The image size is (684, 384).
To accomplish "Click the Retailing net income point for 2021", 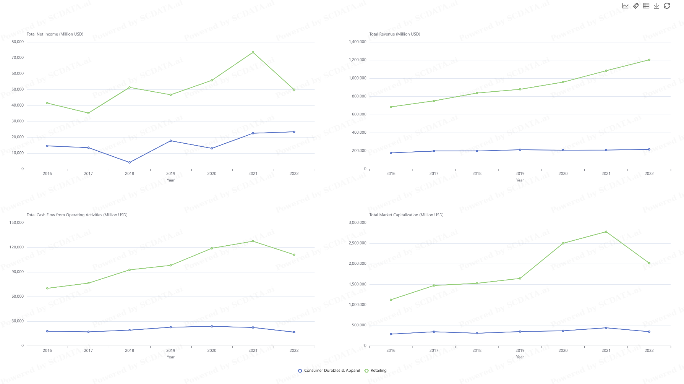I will pyautogui.click(x=253, y=52).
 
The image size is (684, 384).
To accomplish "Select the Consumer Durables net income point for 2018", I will pyautogui.click(x=130, y=162).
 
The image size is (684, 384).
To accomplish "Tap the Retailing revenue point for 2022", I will pyautogui.click(x=649, y=60).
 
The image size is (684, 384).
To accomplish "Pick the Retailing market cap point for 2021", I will pyautogui.click(x=606, y=232).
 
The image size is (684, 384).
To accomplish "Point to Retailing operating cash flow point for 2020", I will pyautogui.click(x=212, y=248).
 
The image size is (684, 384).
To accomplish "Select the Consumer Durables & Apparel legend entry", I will pyautogui.click(x=329, y=371).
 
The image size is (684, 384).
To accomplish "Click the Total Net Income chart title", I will pyautogui.click(x=55, y=34).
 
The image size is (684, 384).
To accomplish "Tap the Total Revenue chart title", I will pyautogui.click(x=395, y=34).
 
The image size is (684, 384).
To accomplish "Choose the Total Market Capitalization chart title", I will pyautogui.click(x=406, y=215).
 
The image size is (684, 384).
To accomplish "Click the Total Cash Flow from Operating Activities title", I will pyautogui.click(x=77, y=215).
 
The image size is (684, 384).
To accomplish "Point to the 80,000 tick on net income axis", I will pyautogui.click(x=18, y=42).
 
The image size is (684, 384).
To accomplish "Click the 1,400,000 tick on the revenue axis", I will pyautogui.click(x=357, y=42).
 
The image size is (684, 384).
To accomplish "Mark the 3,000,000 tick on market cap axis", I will pyautogui.click(x=357, y=223).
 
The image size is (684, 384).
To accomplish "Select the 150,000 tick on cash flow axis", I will pyautogui.click(x=16, y=223).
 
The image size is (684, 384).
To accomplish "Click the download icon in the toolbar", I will pyautogui.click(x=656, y=6).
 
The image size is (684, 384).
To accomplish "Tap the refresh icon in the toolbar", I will pyautogui.click(x=667, y=6).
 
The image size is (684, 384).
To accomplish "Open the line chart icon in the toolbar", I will pyautogui.click(x=625, y=6).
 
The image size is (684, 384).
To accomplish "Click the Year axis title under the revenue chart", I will pyautogui.click(x=520, y=180).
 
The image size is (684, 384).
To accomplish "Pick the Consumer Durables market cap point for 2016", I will pyautogui.click(x=391, y=334).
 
